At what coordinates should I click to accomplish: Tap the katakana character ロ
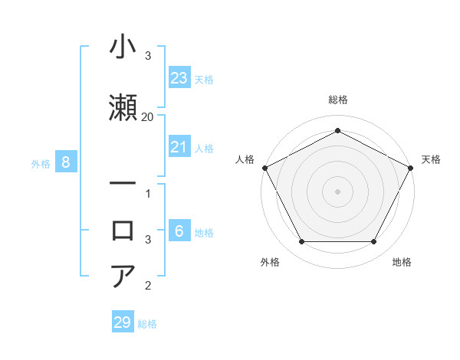point(124,229)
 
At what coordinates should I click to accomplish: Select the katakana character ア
point(124,275)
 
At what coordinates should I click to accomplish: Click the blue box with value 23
point(179,78)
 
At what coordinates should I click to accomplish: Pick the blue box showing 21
point(179,148)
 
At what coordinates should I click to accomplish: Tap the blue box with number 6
point(179,231)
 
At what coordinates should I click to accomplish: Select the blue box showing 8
point(66,162)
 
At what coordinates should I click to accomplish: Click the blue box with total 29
point(122,322)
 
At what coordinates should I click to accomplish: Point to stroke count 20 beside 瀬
point(147,116)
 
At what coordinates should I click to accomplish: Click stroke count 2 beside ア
point(147,286)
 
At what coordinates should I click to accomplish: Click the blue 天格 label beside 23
point(204,79)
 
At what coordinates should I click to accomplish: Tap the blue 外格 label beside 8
point(41,163)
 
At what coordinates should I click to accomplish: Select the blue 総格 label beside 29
point(147,323)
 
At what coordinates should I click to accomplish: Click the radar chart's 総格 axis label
point(337,100)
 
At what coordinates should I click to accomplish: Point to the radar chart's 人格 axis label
point(245,159)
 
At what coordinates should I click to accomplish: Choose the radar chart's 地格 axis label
point(402,262)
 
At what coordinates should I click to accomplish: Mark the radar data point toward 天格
point(410,168)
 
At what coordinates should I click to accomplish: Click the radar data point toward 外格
point(301,242)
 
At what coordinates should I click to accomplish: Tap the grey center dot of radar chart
point(337,191)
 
